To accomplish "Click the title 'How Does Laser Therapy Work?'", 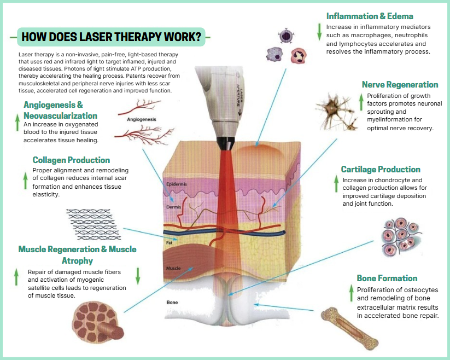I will [x=111, y=38].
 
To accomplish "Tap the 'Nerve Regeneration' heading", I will [x=400, y=85].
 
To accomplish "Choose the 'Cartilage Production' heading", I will [x=381, y=169].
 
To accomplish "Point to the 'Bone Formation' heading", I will [x=387, y=278].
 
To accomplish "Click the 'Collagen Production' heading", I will [x=71, y=160].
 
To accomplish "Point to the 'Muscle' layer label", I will [x=173, y=268].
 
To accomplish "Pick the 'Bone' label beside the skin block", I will [x=172, y=302].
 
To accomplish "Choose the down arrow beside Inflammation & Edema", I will [x=319, y=32].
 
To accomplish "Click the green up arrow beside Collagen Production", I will [x=25, y=179].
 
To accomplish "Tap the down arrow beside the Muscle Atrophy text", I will [x=138, y=275].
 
